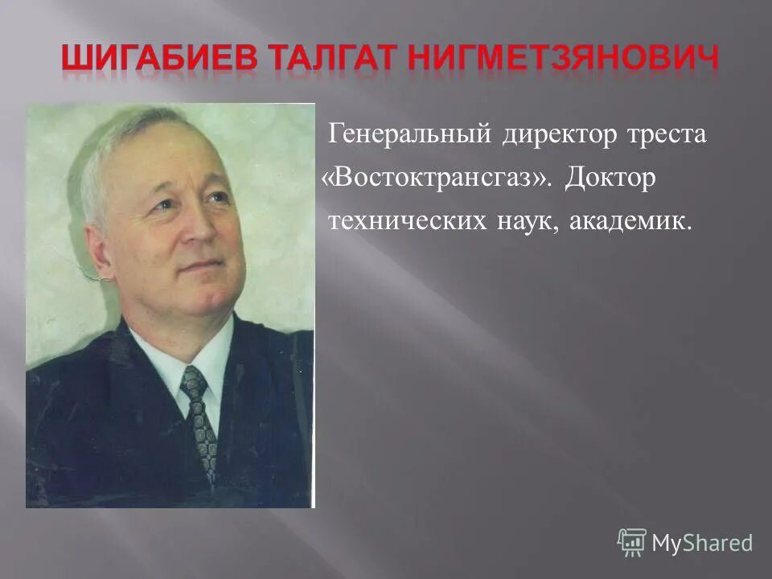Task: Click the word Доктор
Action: click(610, 178)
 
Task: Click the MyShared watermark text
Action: click(702, 544)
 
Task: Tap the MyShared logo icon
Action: click(632, 543)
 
